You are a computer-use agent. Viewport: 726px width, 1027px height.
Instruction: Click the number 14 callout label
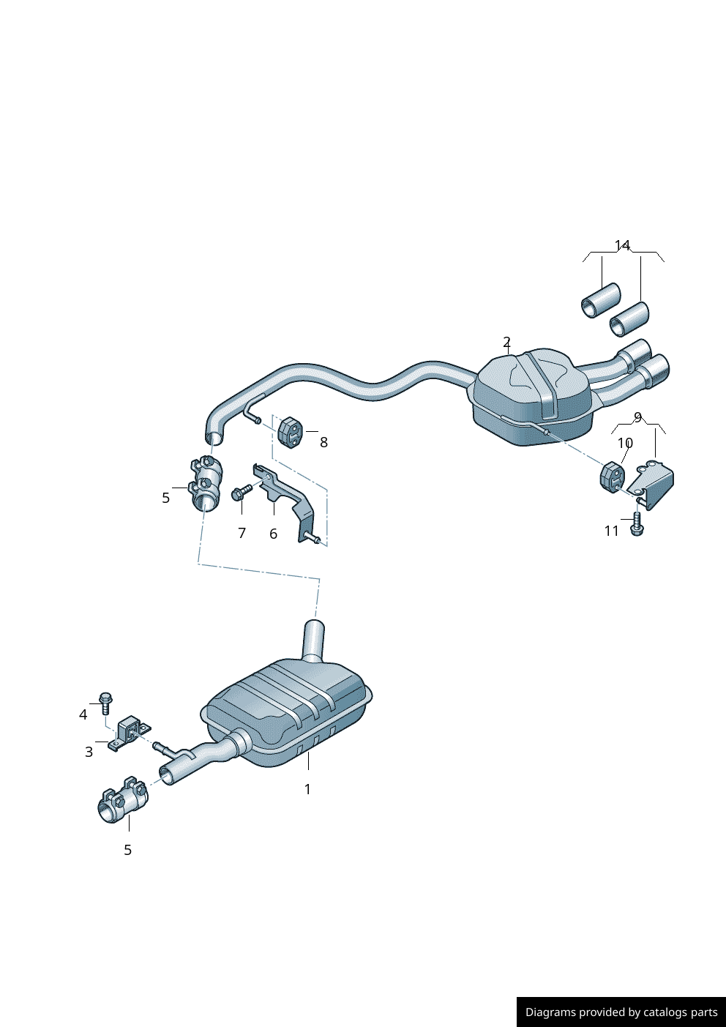[x=622, y=245]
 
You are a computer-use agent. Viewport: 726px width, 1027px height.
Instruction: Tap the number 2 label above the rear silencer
[x=506, y=342]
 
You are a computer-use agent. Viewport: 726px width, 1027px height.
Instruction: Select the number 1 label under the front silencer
[x=307, y=789]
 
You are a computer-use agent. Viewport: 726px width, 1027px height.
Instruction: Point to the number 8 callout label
[x=323, y=442]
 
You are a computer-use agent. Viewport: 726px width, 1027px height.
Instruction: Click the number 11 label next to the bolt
[x=612, y=531]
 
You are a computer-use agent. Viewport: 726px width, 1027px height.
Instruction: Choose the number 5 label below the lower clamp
[x=128, y=850]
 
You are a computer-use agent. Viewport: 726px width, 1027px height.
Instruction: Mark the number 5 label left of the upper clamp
[x=166, y=498]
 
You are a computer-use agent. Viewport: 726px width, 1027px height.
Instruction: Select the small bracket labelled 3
[x=129, y=733]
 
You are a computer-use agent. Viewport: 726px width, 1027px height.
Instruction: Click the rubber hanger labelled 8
[x=290, y=432]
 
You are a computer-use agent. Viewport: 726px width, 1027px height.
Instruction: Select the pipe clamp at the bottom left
[x=122, y=801]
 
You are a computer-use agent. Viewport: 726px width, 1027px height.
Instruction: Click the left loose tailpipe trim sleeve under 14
[x=601, y=300]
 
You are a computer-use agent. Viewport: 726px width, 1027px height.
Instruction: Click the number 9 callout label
[x=637, y=417]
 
